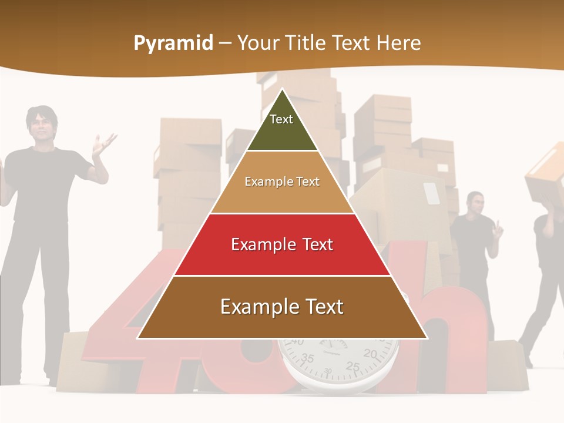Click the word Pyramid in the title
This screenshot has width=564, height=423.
point(173,43)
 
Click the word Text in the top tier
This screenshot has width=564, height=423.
point(281,119)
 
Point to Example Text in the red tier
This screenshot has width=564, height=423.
point(282,244)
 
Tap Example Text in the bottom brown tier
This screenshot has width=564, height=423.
point(282,307)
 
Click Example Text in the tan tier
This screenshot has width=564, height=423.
point(282,182)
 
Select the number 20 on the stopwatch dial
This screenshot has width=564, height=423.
point(370,353)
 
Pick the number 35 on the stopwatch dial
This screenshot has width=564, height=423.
point(307,358)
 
